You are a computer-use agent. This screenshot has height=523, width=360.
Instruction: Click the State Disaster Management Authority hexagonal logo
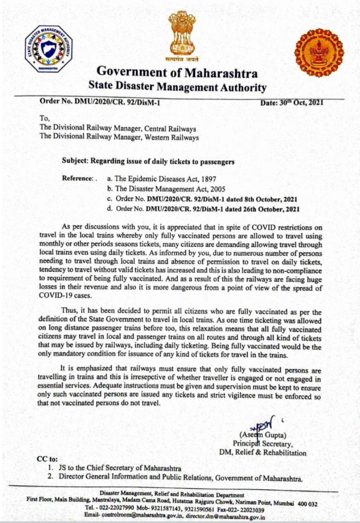(49, 49)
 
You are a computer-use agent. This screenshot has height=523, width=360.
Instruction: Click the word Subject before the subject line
(75, 161)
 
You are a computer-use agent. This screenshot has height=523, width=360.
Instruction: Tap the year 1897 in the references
(208, 179)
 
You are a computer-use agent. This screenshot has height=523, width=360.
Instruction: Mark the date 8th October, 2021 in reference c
(264, 200)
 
